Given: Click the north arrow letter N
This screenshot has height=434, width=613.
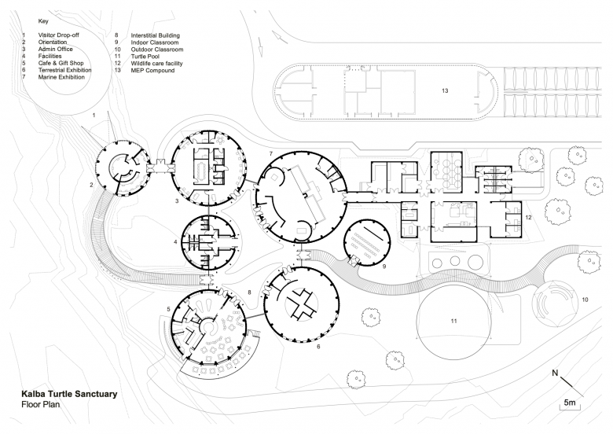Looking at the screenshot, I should pyautogui.click(x=556, y=372).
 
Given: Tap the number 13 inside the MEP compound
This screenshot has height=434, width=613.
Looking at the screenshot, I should pyautogui.click(x=445, y=92).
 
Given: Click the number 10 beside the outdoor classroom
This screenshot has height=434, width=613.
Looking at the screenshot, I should pyautogui.click(x=584, y=300).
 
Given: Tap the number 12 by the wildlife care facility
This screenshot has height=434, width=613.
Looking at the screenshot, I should pyautogui.click(x=529, y=215).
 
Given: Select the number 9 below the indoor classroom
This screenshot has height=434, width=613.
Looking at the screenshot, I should pyautogui.click(x=384, y=267).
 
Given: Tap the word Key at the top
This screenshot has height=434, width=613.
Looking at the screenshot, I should pyautogui.click(x=43, y=21).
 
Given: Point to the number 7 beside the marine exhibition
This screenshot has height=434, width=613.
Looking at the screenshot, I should pyautogui.click(x=270, y=153).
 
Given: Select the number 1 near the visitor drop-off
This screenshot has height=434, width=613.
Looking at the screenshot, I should pyautogui.click(x=94, y=115).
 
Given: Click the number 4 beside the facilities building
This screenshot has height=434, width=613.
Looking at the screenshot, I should pyautogui.click(x=175, y=241).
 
